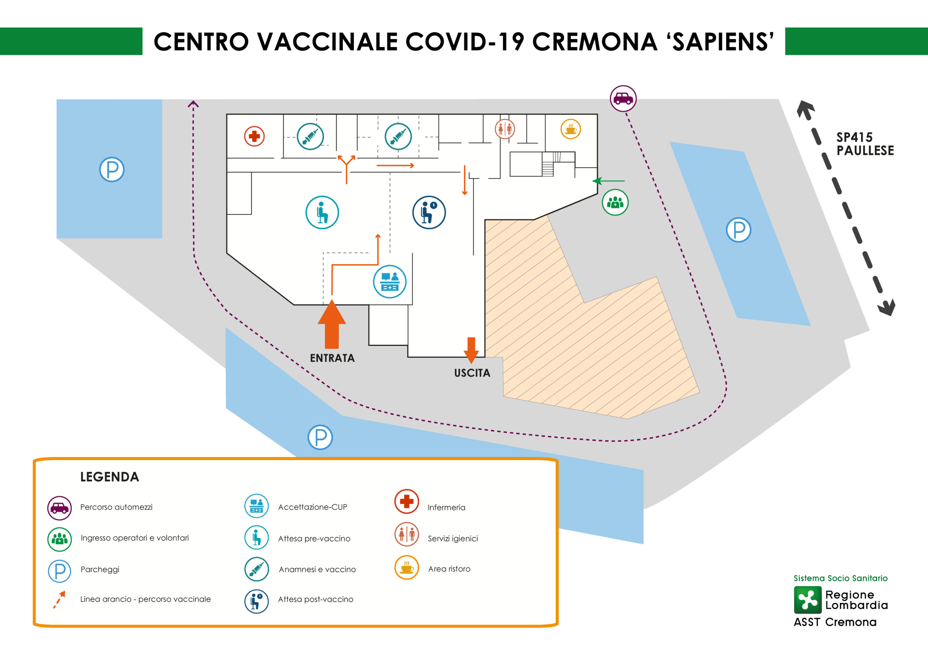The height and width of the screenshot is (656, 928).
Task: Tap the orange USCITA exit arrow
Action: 471,350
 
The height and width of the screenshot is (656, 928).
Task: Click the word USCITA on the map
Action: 472,373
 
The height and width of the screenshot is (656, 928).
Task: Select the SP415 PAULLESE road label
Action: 865,144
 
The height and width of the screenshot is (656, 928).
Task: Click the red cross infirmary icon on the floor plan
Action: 254,136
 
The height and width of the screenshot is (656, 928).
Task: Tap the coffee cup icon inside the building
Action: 571,129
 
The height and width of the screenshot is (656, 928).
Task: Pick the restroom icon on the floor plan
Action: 505,129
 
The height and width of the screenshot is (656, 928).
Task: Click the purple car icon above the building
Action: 623,99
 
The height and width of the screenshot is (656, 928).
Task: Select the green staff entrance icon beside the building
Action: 615,202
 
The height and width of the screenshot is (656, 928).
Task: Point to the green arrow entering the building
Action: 608,181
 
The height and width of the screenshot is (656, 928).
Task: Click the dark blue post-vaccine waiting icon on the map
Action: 429,213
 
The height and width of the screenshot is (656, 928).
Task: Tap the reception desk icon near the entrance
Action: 390,281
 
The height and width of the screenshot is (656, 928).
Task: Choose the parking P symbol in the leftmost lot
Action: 112,169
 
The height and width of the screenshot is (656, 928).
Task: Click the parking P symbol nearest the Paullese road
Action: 738,230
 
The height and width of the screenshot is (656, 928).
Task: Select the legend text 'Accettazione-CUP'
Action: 312,507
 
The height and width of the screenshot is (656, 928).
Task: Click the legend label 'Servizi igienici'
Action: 453,538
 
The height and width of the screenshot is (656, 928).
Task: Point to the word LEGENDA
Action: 109,477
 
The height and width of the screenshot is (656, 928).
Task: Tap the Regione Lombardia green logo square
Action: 808,600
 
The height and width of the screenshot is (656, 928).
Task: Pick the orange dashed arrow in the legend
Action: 59,599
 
